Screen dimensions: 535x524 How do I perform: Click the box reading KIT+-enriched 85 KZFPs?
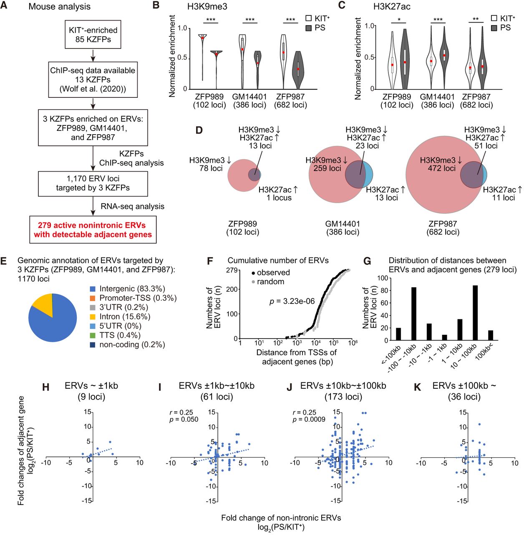click(93, 35)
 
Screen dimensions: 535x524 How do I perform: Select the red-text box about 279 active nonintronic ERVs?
click(93, 229)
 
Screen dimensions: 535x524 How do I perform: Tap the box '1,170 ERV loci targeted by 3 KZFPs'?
click(93, 183)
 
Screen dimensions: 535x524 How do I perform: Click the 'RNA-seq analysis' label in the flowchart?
click(132, 206)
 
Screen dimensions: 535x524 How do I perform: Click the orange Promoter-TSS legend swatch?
click(93, 298)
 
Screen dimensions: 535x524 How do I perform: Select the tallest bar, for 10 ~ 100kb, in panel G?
click(464, 313)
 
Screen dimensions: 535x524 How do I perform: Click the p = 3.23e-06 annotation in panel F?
click(292, 301)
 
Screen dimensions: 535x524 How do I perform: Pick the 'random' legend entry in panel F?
click(270, 282)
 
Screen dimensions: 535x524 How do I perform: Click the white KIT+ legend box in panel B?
click(309, 18)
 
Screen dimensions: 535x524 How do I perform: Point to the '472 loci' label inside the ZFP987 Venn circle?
click(441, 168)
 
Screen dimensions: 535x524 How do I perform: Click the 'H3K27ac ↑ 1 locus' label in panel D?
click(279, 194)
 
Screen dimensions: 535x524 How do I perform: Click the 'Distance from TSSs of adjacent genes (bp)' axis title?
click(297, 357)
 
